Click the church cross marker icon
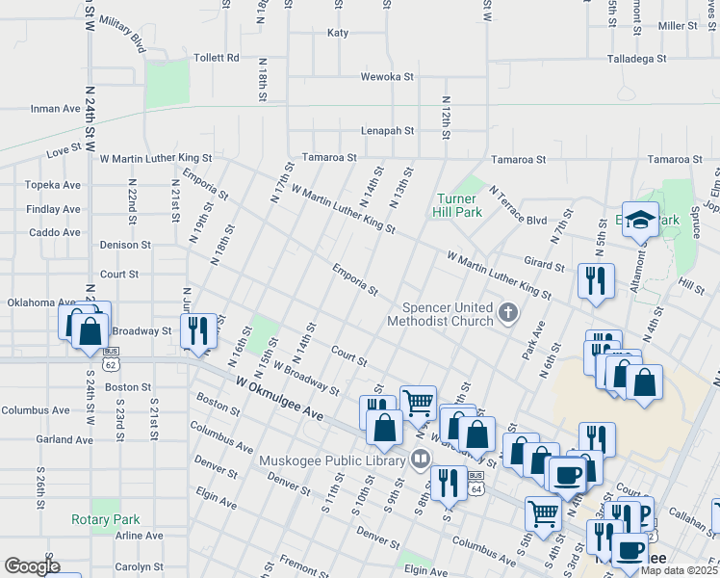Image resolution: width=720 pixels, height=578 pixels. [510, 312]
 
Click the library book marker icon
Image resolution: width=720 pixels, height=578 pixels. [419, 460]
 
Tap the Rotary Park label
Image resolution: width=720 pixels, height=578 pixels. [106, 519]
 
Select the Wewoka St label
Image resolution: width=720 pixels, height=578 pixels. [386, 76]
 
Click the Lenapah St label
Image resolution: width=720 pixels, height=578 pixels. [387, 130]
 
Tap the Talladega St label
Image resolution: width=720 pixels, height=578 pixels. [637, 59]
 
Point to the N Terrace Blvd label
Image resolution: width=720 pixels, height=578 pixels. [518, 206]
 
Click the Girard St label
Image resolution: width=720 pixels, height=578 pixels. [544, 264]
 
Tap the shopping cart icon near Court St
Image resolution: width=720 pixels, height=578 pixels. [418, 402]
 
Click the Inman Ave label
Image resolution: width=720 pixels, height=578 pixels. [55, 109]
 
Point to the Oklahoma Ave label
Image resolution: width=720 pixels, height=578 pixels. [41, 302]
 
